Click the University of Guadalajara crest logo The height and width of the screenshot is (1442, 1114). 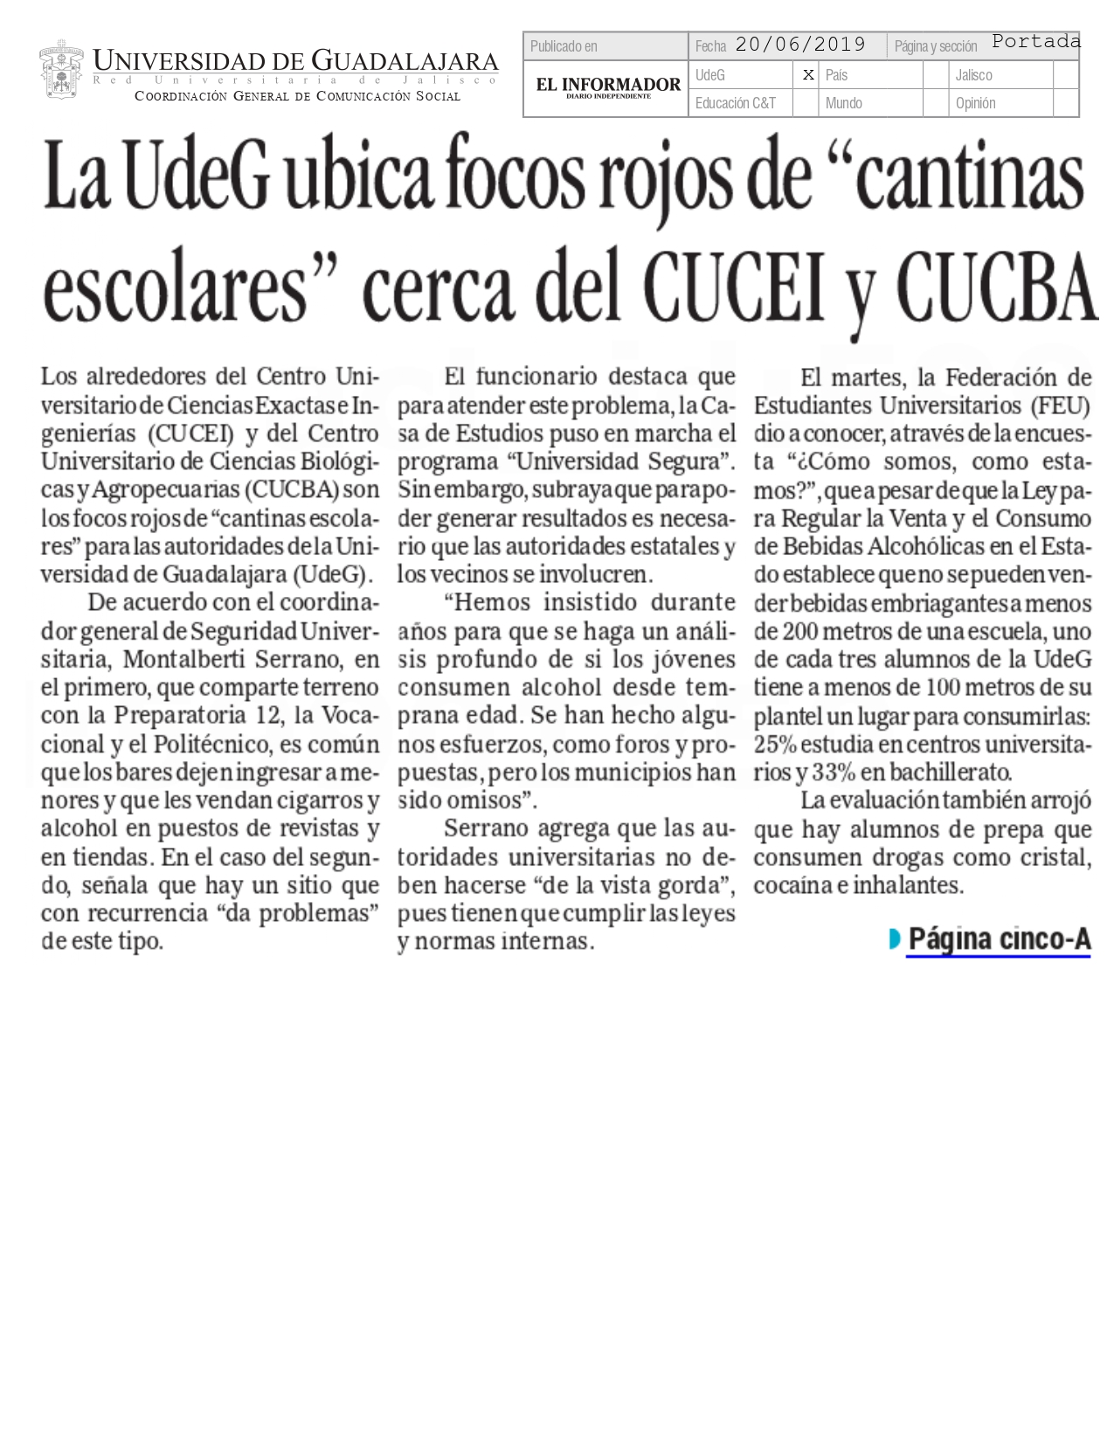click(x=61, y=70)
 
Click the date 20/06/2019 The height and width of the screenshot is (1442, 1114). click(x=800, y=45)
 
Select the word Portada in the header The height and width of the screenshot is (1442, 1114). click(x=1036, y=41)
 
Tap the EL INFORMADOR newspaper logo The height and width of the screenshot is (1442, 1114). click(x=608, y=87)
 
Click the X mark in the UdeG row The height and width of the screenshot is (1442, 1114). click(x=808, y=75)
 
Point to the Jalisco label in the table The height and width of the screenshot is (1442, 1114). click(x=973, y=75)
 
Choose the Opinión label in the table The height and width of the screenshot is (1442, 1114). click(x=975, y=103)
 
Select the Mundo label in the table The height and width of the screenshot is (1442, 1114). click(x=844, y=103)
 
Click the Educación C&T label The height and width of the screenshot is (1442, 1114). click(x=736, y=103)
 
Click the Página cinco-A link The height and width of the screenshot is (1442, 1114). click(x=999, y=939)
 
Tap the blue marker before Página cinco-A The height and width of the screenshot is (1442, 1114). click(x=894, y=939)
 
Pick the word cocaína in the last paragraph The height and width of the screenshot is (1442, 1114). click(x=792, y=885)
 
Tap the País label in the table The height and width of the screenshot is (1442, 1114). click(x=837, y=75)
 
